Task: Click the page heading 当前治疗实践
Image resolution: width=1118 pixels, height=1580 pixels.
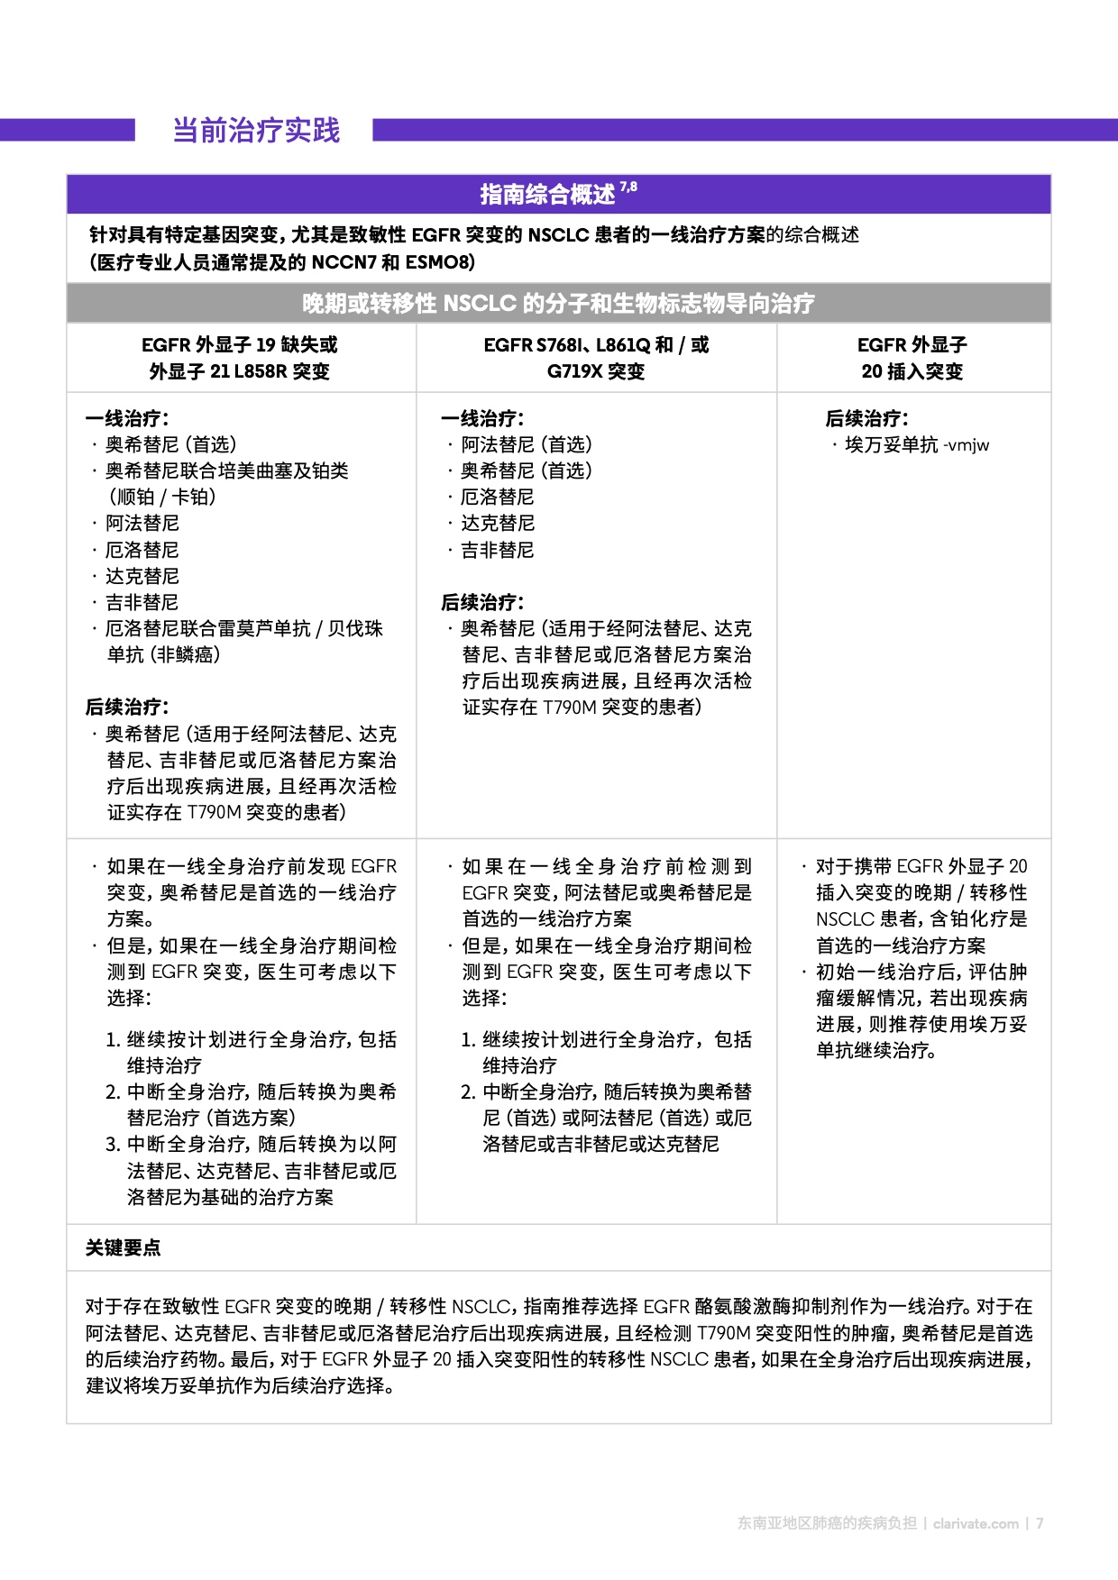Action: pyautogui.click(x=256, y=131)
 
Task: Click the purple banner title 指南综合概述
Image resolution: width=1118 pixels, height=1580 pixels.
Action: pyautogui.click(x=547, y=195)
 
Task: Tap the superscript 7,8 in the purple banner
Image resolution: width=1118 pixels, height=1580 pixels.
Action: pyautogui.click(x=628, y=187)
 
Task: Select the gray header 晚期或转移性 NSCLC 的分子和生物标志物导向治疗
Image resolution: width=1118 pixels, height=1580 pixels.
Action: pyautogui.click(x=558, y=304)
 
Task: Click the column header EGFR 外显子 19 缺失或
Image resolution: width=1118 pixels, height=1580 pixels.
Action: pyautogui.click(x=240, y=344)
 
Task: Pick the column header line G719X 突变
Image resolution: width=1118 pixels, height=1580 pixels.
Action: pyautogui.click(x=596, y=371)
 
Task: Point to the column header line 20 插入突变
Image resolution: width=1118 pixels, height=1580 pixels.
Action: pyautogui.click(x=912, y=371)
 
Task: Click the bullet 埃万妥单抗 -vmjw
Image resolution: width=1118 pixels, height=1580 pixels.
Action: pyautogui.click(x=916, y=445)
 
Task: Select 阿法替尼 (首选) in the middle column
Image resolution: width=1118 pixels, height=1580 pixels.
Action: pyautogui.click(x=527, y=445)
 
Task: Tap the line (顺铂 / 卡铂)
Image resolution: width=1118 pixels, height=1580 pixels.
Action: pyautogui.click(x=162, y=498)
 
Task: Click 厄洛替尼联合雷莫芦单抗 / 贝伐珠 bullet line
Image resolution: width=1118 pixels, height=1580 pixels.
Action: pyautogui.click(x=243, y=629)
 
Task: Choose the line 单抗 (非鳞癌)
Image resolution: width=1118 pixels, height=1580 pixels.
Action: pyautogui.click(x=163, y=655)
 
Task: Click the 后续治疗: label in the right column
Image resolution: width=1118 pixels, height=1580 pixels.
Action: pyautogui.click(x=866, y=419)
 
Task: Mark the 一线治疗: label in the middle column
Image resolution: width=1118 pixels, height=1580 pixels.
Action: pyautogui.click(x=482, y=419)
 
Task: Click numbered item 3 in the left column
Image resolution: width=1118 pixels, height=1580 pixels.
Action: pyautogui.click(x=251, y=1145)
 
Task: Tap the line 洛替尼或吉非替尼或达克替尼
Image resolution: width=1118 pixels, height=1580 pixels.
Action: pyautogui.click(x=600, y=1145)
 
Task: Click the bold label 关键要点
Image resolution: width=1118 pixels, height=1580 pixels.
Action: pyautogui.click(x=123, y=1248)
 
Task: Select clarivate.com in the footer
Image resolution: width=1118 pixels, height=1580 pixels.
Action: pyautogui.click(x=976, y=1523)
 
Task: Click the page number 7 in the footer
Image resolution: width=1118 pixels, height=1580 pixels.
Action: pyautogui.click(x=1040, y=1523)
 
